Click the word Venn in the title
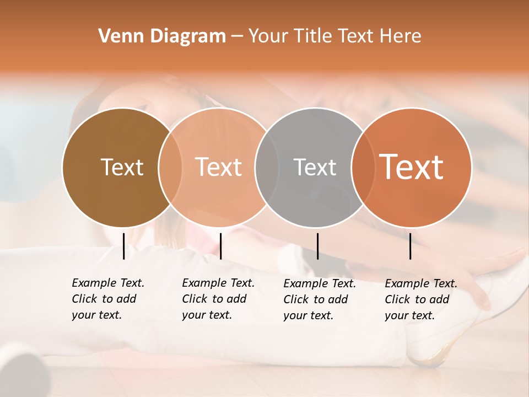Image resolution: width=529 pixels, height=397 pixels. tap(117, 36)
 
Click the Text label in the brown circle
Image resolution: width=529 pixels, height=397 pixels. tap(122, 167)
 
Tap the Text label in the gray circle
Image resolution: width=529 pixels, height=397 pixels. tap(315, 167)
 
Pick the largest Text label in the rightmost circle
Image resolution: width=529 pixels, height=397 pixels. tap(411, 167)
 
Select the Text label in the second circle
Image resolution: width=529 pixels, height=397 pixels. tap(218, 167)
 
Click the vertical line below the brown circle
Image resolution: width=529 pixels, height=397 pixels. tap(123, 246)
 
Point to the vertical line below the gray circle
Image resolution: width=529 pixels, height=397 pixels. tap(317, 246)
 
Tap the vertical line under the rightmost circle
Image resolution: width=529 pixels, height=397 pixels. tap(411, 246)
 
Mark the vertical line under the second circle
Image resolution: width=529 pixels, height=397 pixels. tap(220, 246)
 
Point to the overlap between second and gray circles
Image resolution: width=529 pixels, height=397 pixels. tap(266, 167)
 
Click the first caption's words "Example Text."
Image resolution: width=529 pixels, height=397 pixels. tap(108, 283)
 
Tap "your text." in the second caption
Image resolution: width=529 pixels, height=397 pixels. tap(207, 315)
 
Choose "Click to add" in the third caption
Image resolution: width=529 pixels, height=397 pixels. tap(315, 299)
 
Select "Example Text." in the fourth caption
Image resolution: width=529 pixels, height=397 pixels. tap(421, 283)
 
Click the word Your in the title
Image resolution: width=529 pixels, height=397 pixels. tap(267, 36)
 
